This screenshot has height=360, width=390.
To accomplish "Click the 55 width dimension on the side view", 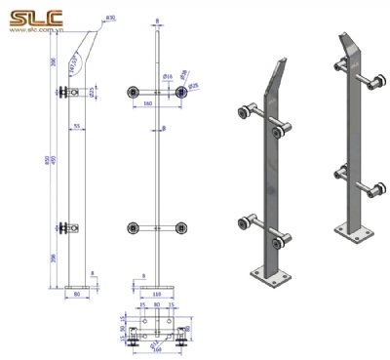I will coord(76,126).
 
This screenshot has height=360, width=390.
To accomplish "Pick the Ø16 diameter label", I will coord(167,76).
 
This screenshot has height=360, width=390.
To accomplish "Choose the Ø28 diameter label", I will coord(185,72).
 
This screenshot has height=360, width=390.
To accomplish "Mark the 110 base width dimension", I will coord(157,292).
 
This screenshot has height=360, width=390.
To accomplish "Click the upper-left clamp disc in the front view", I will coord(132,93).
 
